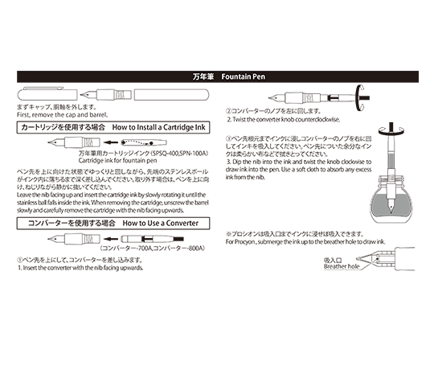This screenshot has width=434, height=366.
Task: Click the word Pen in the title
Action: [259, 77]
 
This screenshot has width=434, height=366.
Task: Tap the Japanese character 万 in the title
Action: [197, 77]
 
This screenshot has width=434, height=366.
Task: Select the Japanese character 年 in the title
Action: [204, 77]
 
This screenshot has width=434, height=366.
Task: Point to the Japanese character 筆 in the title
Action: [211, 77]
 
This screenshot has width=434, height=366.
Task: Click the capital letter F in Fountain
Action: [223, 77]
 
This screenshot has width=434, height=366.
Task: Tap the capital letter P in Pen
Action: [256, 77]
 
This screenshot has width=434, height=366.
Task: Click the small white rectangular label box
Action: [313, 98]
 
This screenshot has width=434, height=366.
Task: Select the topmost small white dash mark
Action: [362, 87]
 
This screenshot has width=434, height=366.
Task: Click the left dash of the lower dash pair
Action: [383, 128]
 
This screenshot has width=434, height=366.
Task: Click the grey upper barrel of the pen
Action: [391, 161]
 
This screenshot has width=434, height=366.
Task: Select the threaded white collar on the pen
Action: [391, 176]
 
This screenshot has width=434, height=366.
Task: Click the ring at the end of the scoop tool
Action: [376, 259]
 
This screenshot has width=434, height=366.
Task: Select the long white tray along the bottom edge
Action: [338, 269]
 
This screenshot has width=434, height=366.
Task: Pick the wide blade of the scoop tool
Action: [363, 266]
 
